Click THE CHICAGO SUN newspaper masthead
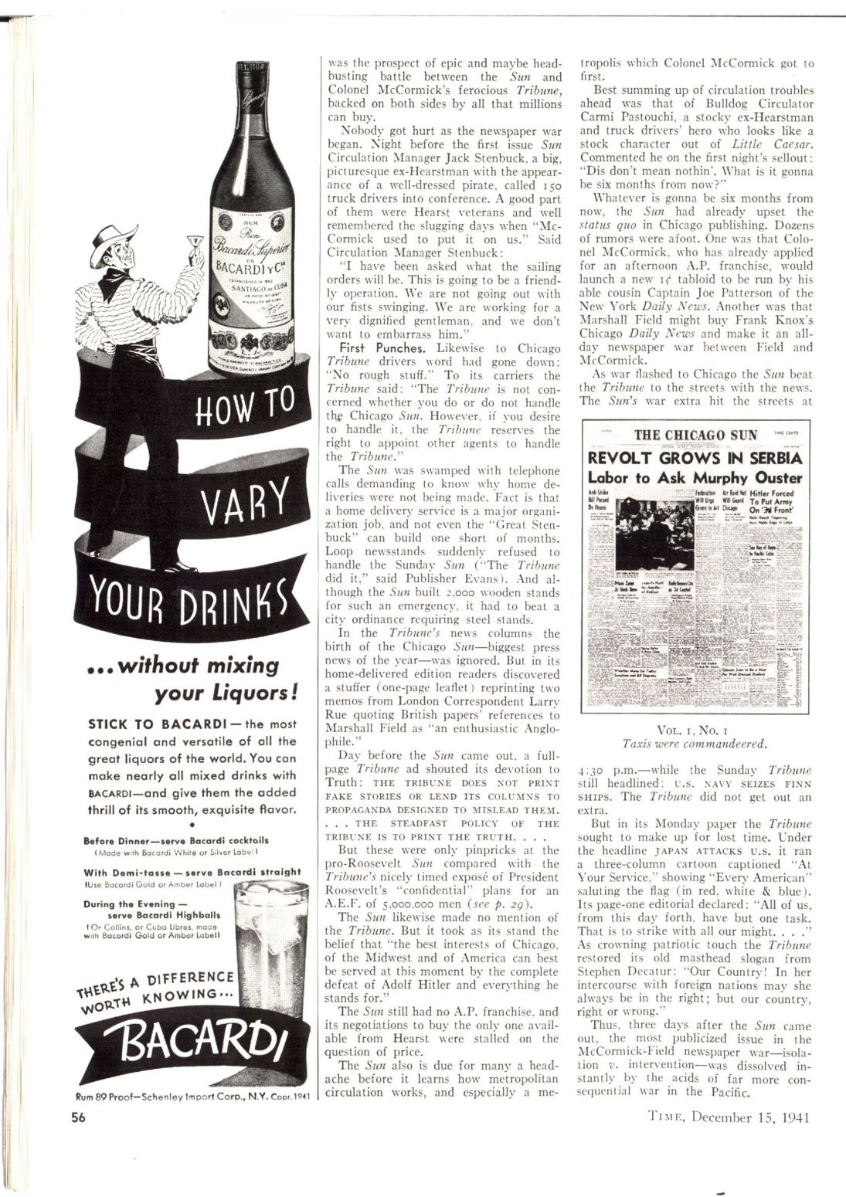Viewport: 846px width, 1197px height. (x=695, y=434)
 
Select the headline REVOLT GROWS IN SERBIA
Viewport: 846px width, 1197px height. (x=695, y=458)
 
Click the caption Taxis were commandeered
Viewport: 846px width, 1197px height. (x=695, y=744)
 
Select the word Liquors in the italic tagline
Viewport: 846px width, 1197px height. (x=240, y=693)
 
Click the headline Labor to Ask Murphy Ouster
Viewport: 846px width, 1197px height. (x=695, y=478)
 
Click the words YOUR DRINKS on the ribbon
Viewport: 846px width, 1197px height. (x=179, y=615)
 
